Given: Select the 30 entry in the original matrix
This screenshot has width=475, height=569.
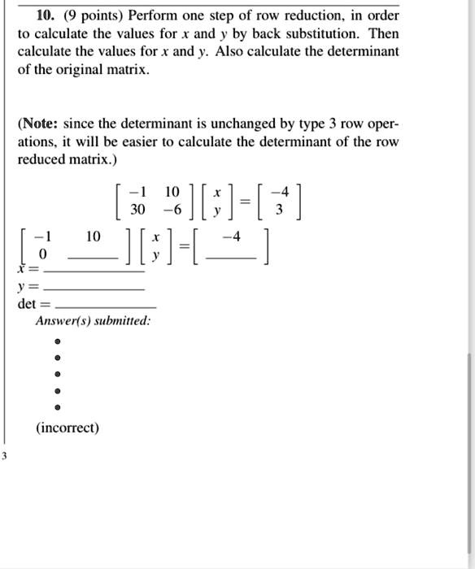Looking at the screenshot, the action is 138,209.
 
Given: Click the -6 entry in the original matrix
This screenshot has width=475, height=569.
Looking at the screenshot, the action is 172,209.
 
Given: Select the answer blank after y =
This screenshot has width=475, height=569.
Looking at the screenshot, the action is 94,289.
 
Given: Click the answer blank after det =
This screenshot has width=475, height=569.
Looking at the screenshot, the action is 103,306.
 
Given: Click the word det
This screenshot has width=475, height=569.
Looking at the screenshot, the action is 27,305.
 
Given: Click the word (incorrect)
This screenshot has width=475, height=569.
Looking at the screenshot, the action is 67,428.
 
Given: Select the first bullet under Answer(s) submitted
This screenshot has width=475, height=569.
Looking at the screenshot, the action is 57,341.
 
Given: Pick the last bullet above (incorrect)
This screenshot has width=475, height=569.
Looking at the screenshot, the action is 57,408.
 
